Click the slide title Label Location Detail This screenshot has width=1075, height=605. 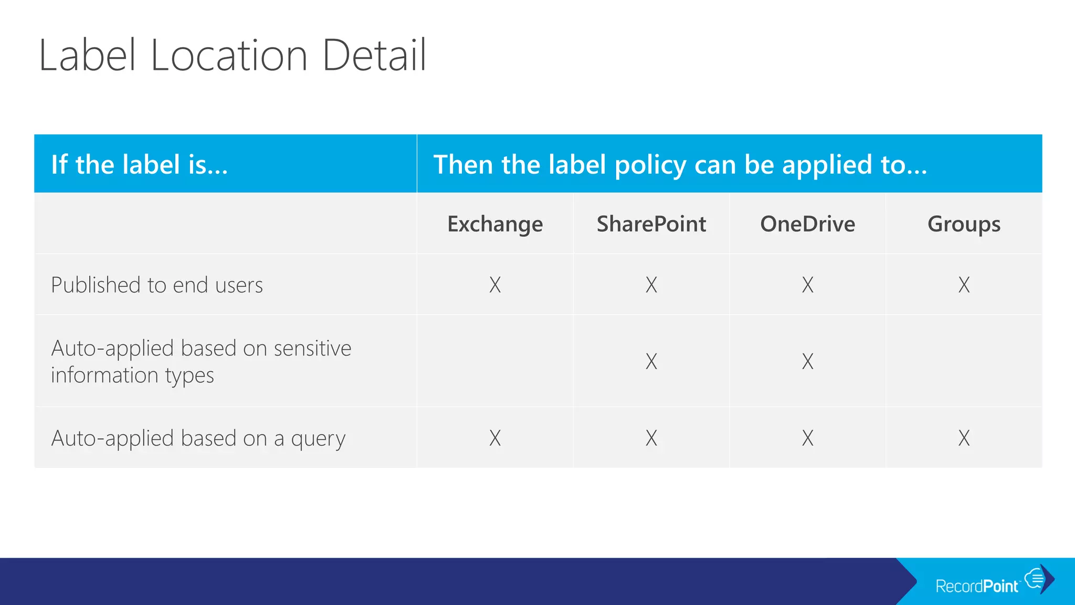point(233,55)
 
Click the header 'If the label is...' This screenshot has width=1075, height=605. point(140,164)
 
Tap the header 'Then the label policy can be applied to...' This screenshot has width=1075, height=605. point(680,164)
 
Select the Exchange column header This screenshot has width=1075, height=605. point(495,224)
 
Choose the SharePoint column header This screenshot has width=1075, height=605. point(651,224)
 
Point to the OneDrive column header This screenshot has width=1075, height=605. point(807,224)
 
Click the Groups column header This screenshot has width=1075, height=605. point(964,224)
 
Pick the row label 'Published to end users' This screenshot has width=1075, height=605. point(157,285)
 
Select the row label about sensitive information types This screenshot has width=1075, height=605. point(201,361)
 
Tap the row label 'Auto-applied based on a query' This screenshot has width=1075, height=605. point(198,438)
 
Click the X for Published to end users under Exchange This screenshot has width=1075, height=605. point(495,285)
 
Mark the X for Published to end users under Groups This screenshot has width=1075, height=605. point(964,285)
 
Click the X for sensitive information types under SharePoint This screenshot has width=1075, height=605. point(651,361)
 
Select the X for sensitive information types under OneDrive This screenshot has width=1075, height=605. point(807,361)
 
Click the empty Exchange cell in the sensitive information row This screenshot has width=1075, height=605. point(495,361)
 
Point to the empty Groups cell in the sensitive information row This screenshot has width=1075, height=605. point(964,361)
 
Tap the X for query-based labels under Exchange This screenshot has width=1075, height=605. point(495,438)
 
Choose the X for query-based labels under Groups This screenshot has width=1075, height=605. point(964,438)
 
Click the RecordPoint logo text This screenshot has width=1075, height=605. point(977,586)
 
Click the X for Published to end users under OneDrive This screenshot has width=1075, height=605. point(807,285)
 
